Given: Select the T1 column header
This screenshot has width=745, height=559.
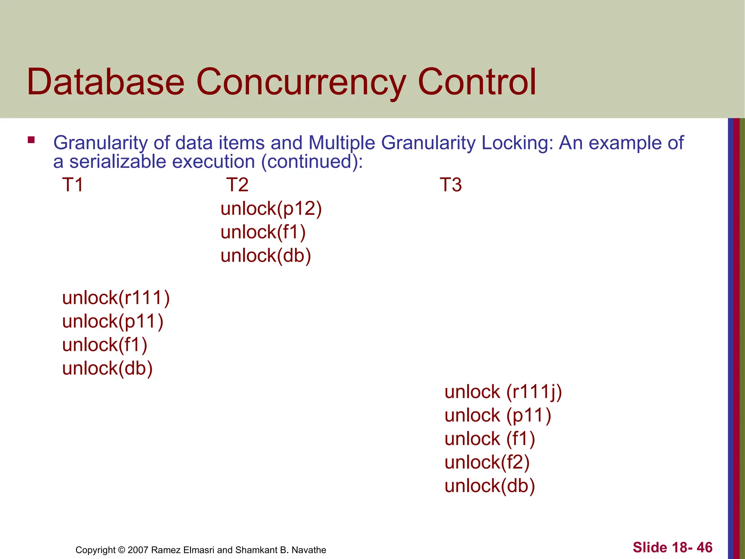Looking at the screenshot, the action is tap(73, 185).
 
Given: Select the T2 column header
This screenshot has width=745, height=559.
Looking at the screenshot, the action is tap(237, 185).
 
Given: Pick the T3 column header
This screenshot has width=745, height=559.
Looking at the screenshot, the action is tap(451, 185).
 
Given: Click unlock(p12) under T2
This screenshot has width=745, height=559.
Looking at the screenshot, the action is tap(271, 209).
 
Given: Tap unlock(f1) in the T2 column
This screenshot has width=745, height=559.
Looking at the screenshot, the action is tap(263, 232).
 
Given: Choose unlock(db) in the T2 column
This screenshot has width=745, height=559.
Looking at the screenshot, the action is tap(266, 255).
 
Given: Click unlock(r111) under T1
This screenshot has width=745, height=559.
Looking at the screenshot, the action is tap(116, 298).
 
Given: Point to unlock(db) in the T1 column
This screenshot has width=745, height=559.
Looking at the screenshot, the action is tap(107, 368).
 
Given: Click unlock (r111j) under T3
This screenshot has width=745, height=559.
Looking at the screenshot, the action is tap(503, 392).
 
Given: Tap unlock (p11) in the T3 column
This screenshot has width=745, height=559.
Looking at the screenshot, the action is tap(498, 416).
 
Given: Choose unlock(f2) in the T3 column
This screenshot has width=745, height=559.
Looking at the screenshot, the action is tap(487, 463).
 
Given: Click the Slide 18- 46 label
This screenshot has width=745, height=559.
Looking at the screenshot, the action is tap(672, 547).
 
